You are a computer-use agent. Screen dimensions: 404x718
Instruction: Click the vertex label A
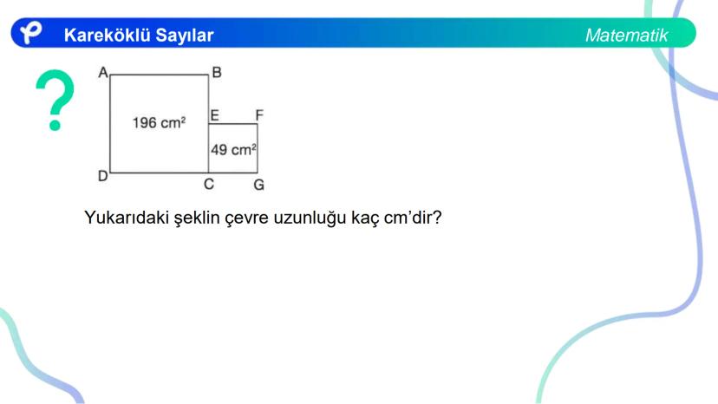102,74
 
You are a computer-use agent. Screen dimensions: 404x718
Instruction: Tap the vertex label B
216,74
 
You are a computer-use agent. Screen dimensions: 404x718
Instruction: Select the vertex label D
102,177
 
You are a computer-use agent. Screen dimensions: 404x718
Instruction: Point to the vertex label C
209,185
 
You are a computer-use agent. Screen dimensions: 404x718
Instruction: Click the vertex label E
214,114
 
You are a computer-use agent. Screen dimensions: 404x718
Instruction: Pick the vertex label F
258,114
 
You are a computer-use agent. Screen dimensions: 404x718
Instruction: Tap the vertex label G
258,185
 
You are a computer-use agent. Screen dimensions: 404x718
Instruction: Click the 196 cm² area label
159,123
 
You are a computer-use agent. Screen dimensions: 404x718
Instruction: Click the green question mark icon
55,101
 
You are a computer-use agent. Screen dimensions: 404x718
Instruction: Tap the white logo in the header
31,34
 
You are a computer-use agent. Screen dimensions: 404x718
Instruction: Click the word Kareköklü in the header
104,36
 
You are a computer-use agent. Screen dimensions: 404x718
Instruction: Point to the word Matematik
626,36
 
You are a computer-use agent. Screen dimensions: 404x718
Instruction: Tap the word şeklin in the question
199,218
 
